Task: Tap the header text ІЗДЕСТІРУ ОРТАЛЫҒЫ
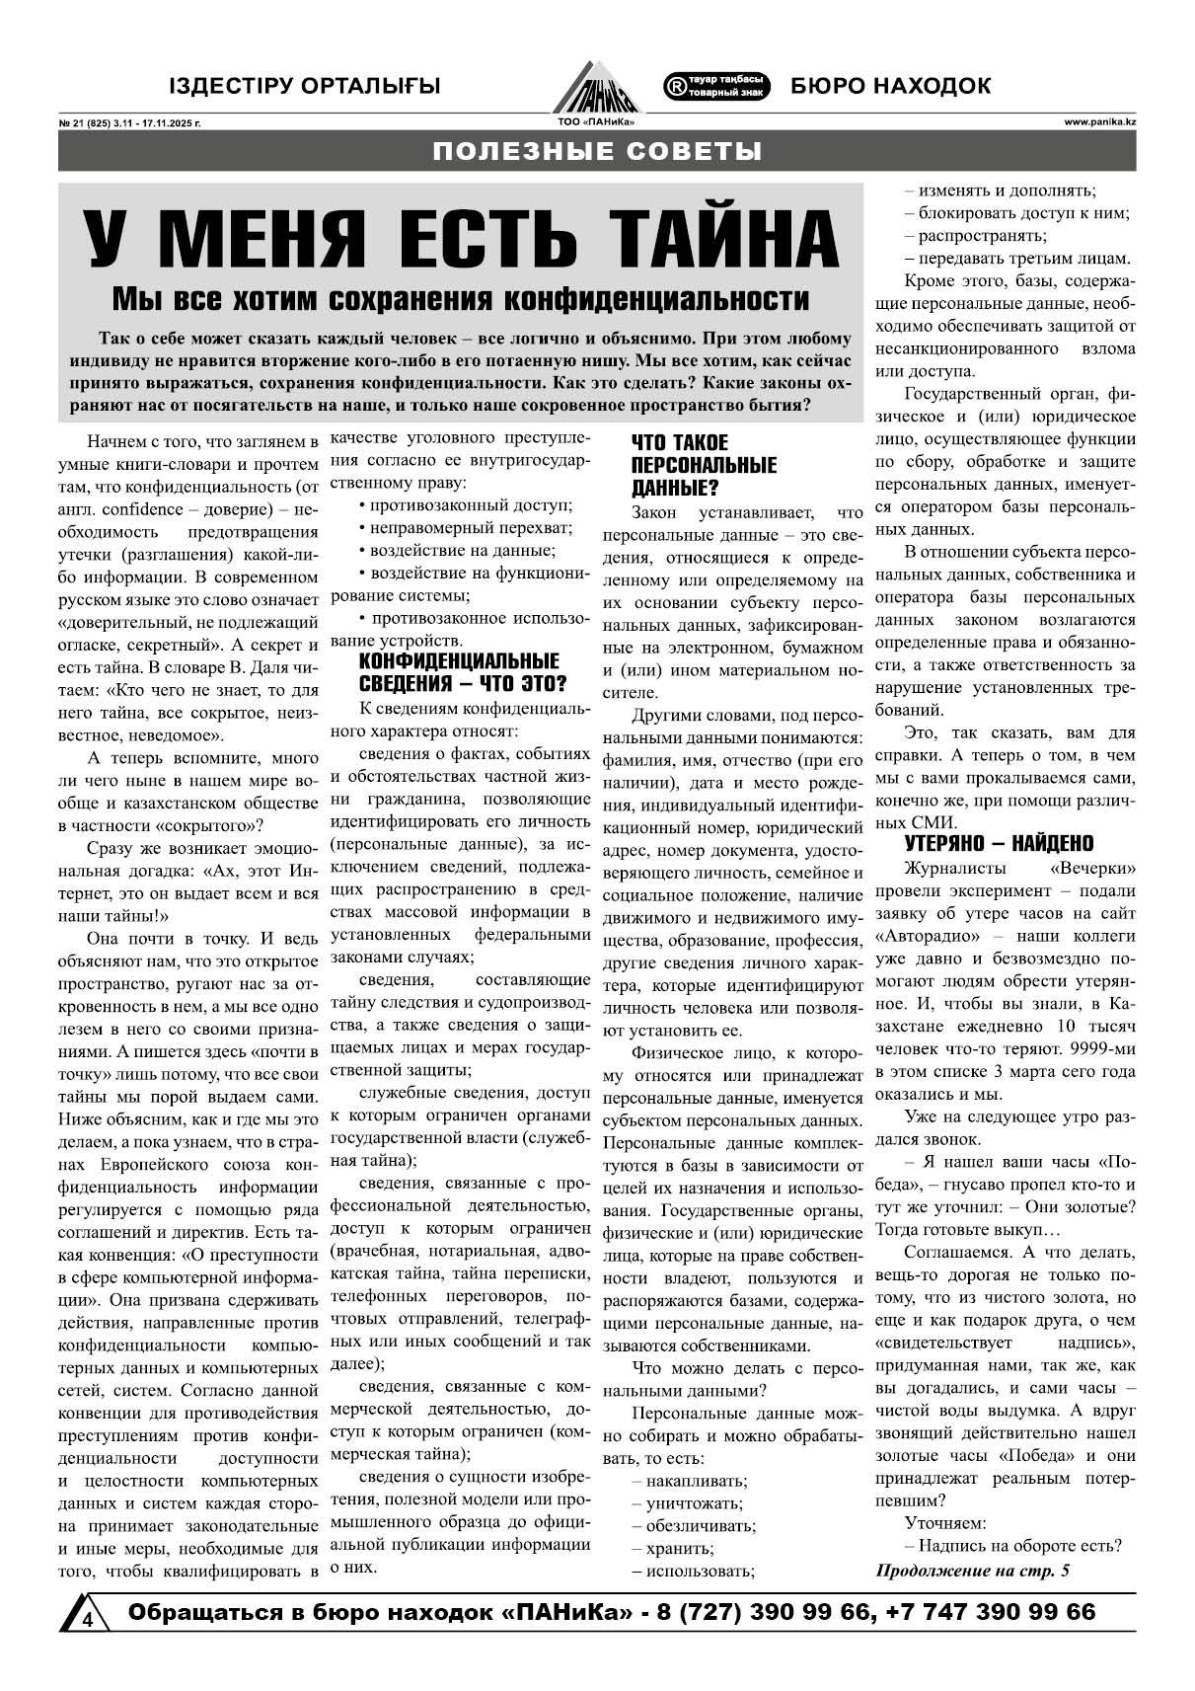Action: point(304,87)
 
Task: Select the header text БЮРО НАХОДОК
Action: point(890,87)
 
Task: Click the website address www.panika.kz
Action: point(1100,121)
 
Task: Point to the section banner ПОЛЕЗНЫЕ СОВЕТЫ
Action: point(597,151)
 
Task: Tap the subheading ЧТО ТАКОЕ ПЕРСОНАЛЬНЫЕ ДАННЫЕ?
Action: point(704,465)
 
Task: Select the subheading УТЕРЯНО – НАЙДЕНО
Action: point(999,843)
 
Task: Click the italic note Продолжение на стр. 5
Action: point(972,1570)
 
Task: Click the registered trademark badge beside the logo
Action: point(717,86)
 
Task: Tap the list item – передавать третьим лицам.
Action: point(1017,259)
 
